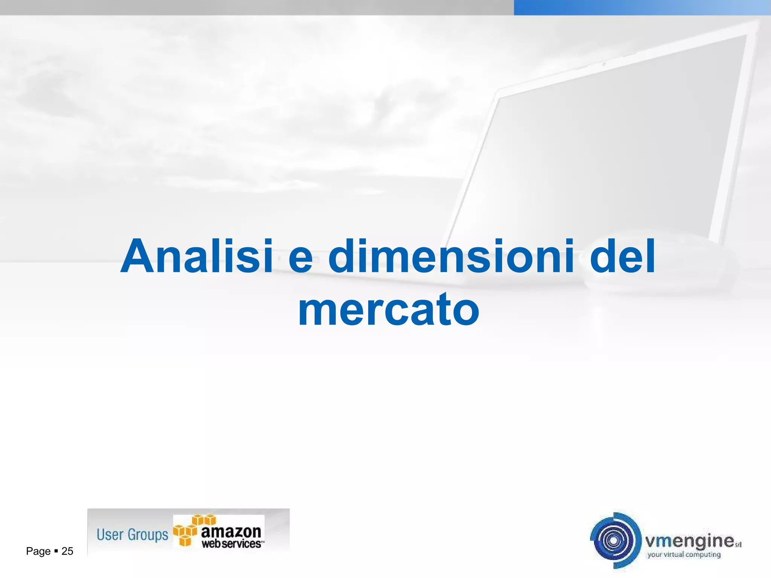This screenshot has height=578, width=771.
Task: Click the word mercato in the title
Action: [389, 310]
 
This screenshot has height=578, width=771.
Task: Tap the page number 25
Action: [67, 551]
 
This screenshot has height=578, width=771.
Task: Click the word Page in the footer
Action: [38, 551]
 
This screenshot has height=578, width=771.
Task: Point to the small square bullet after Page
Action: [56, 551]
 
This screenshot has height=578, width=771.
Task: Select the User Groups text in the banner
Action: [132, 534]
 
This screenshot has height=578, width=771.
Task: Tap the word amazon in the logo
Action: [231, 531]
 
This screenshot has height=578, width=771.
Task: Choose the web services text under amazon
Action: [232, 544]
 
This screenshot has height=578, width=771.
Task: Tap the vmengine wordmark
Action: [689, 541]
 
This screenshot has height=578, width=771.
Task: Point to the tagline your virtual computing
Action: [684, 554]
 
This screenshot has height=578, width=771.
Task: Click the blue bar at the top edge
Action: [642, 7]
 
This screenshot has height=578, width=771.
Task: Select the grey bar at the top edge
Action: [256, 7]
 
